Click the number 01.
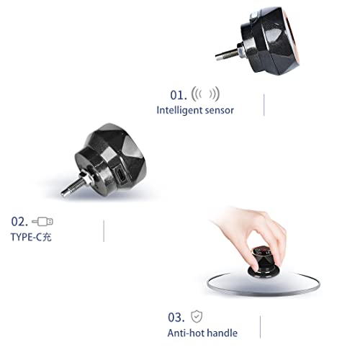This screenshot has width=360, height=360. pos(179,95)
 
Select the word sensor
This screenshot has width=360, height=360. pos(220,111)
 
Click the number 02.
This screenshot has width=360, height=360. pos(19,222)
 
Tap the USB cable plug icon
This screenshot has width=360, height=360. pos(42,222)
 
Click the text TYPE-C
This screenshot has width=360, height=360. pos(27,237)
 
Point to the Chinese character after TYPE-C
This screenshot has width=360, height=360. pos(47,237)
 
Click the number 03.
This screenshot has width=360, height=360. pos(176,318)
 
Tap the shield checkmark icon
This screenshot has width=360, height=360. pos(197,317)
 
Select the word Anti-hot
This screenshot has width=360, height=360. pos(186,333)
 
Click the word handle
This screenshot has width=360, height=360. pos(222,333)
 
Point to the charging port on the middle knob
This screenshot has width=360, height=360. pos(121,175)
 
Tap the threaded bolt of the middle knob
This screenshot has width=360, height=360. pos(73,187)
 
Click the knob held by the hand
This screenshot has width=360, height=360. pos(264,261)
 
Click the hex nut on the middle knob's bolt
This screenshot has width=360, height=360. pos(87,178)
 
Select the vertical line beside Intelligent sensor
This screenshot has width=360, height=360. pos(264,105)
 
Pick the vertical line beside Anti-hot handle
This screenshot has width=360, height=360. pos(260,327)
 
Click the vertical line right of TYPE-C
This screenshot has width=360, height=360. pos(104,231)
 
